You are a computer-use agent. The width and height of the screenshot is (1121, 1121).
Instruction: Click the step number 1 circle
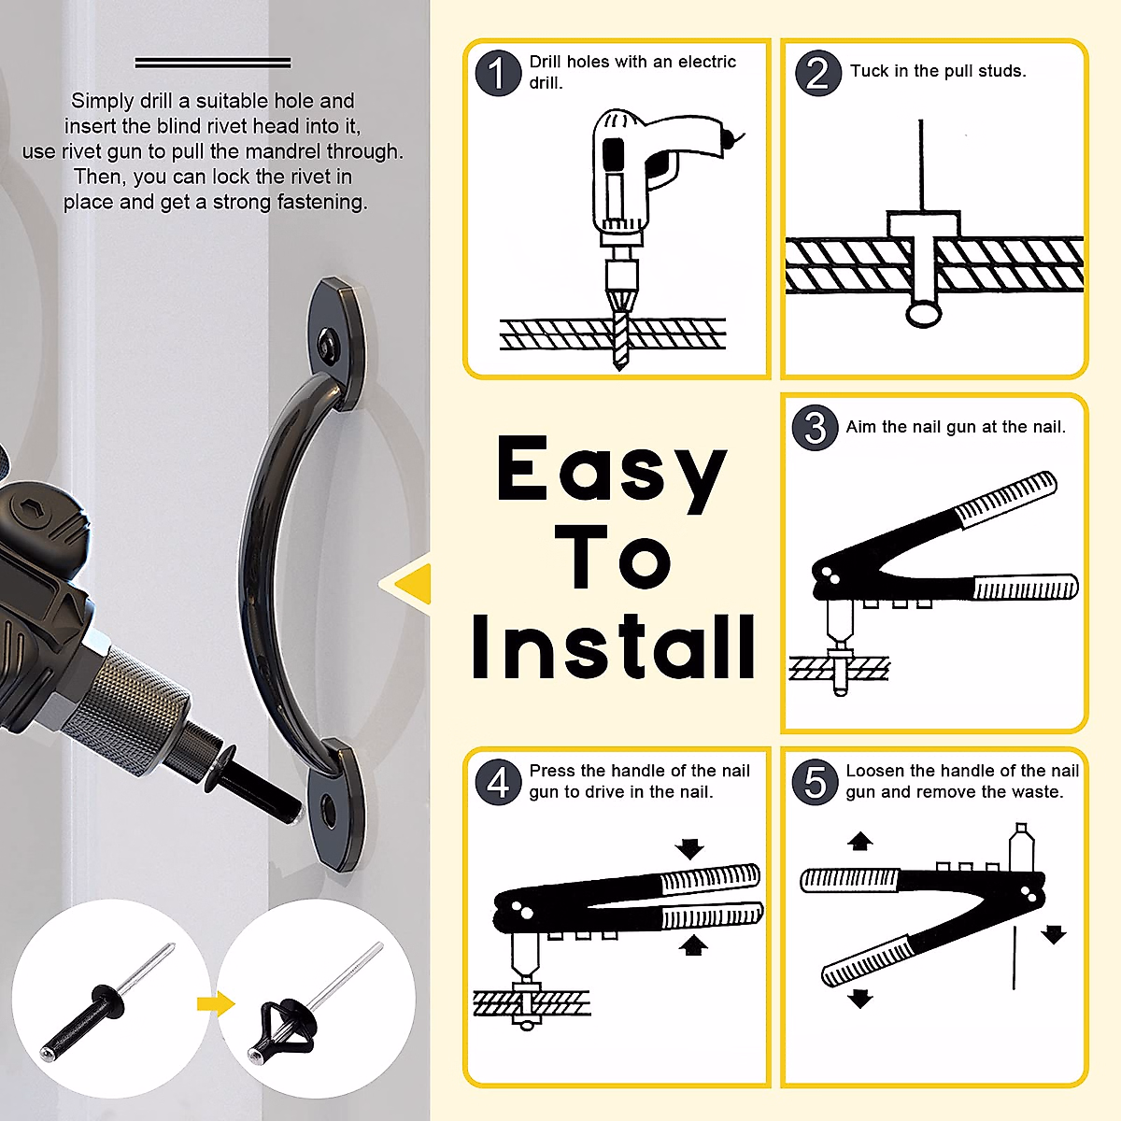click(x=498, y=73)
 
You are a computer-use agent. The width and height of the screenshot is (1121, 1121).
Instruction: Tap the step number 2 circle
click(x=818, y=73)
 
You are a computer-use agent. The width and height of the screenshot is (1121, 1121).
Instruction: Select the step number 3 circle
click(x=815, y=428)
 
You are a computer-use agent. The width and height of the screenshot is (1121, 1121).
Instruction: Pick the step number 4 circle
click(x=498, y=782)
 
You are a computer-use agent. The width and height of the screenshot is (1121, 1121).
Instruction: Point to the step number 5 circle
click(x=815, y=782)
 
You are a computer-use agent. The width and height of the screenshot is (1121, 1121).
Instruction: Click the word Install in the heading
click(x=613, y=646)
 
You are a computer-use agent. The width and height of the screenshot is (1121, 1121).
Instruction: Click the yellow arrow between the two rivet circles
click(x=216, y=1004)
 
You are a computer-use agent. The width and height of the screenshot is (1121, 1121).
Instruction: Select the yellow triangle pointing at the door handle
click(x=407, y=584)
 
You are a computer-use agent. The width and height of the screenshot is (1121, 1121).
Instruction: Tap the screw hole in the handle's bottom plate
click(x=329, y=811)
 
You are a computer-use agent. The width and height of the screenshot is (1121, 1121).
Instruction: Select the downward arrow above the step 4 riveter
click(x=690, y=849)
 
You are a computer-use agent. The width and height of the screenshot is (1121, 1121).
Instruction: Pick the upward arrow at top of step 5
click(x=859, y=841)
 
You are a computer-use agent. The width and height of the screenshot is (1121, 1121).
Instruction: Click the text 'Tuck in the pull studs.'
click(x=938, y=71)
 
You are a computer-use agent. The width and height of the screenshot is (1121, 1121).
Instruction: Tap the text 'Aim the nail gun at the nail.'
click(x=956, y=427)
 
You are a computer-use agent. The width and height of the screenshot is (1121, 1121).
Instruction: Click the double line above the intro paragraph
click(x=213, y=63)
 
